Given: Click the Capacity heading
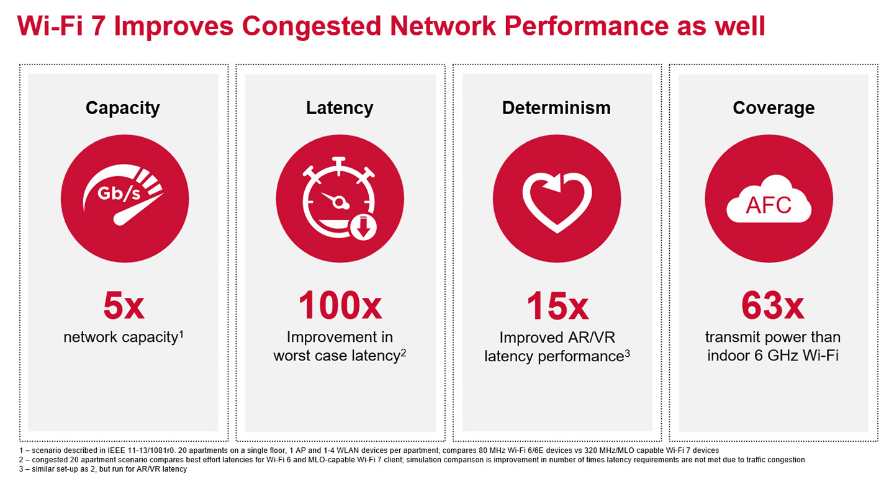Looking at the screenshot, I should click(123, 108).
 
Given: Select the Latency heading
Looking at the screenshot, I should click(340, 108).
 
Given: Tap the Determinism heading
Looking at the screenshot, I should click(556, 108).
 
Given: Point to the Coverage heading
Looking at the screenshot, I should click(773, 108).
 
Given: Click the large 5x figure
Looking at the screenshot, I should click(123, 306).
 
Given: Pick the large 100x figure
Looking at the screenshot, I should click(340, 306).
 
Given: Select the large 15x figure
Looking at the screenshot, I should click(557, 306).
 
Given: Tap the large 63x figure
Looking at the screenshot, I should click(773, 306).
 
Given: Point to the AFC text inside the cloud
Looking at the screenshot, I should click(769, 204).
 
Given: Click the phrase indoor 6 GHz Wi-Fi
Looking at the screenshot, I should click(773, 356).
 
